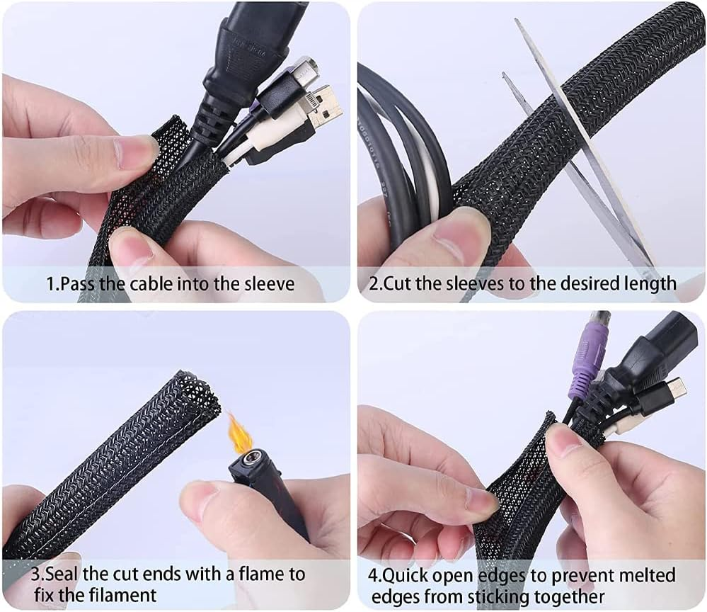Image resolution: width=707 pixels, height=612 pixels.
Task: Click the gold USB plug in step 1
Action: (327, 106)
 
